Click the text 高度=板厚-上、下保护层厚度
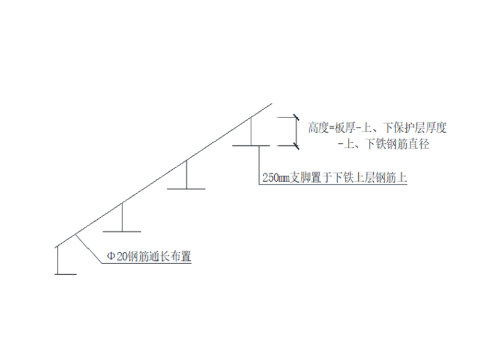(x=377, y=128)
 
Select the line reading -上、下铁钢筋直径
(x=383, y=145)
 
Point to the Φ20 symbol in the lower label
(x=114, y=257)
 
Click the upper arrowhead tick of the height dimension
(x=296, y=117)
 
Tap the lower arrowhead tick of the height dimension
(x=296, y=146)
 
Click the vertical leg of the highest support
(x=251, y=131)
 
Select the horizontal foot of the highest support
(x=251, y=146)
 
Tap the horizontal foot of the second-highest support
(x=186, y=188)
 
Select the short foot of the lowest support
(x=66, y=274)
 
